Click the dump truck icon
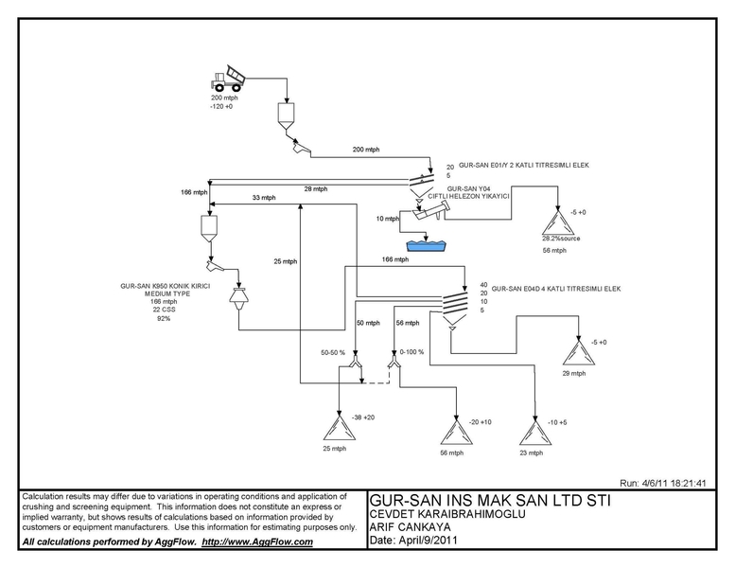pos(227,79)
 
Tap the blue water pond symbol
pos(427,246)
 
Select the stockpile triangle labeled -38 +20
pos(339,428)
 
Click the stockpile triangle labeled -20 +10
pos(456,432)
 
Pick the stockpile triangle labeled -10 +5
pos(535,432)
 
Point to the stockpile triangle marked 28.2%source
pos(558,222)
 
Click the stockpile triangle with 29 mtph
pos(579,352)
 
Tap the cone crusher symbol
pos(239,298)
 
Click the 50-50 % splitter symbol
pos(356,362)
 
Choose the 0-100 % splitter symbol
pos(394,362)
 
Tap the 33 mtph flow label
pos(264,198)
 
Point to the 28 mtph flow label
pos(316,189)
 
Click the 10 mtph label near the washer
pos(388,219)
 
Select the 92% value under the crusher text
pos(164,318)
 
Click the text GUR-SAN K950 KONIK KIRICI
pos(166,286)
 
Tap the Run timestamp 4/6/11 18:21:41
pos(663,483)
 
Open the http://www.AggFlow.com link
pos(257,541)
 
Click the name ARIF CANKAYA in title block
pos(411,527)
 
